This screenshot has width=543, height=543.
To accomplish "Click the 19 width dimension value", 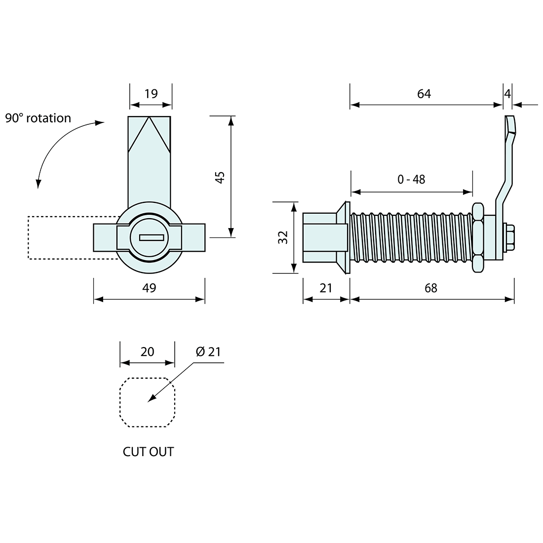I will pos(151,94).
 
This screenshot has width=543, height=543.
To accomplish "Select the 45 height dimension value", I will pos(221,177).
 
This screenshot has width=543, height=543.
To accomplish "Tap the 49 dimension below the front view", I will pos(149,288).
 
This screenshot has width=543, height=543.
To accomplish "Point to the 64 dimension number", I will pos(424,94).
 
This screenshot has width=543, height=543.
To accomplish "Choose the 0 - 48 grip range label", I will pos(411,179).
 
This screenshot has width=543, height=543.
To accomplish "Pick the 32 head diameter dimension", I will pos(283,237).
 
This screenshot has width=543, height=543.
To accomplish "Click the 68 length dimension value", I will pos(431,288).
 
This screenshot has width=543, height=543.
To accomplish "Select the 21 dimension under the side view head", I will pos(326,288).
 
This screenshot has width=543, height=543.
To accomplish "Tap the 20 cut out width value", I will pos(147,351).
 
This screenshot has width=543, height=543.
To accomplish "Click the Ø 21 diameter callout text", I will pos(208,351).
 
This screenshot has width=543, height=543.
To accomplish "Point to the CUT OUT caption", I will pos(148,452).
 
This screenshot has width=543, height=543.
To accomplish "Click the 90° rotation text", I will pos(38,118).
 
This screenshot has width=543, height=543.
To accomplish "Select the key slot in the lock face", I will pos(149,237).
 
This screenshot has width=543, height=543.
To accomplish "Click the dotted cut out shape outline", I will pos(120,402).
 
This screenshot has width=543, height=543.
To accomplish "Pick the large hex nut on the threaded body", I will pos(477,237).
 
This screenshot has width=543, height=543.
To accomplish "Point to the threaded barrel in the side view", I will pos(410,237).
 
